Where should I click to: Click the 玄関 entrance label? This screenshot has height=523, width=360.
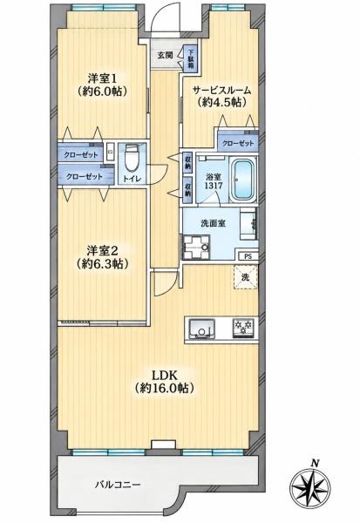click(165, 56)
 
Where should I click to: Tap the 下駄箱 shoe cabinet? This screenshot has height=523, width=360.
click(191, 59)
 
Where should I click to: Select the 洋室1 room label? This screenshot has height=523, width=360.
click(102, 78)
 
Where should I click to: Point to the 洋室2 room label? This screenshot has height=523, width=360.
click(102, 249)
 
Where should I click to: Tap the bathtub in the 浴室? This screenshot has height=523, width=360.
click(243, 179)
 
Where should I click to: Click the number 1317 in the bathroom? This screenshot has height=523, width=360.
click(214, 186)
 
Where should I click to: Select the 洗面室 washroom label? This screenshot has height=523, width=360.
click(214, 223)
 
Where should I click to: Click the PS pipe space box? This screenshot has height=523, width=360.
click(248, 256)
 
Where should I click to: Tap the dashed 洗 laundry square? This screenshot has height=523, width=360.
click(246, 277)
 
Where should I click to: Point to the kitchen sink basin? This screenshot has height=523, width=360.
click(202, 329)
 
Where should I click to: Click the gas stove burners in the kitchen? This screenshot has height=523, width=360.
click(243, 328)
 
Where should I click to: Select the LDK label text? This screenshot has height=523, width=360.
click(164, 375)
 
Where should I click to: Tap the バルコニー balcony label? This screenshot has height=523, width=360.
click(118, 485)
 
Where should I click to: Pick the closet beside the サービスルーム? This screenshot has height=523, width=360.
click(238, 143)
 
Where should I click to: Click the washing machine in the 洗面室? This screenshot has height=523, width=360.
click(196, 248)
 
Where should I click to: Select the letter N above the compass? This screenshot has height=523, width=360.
click(314, 463)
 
